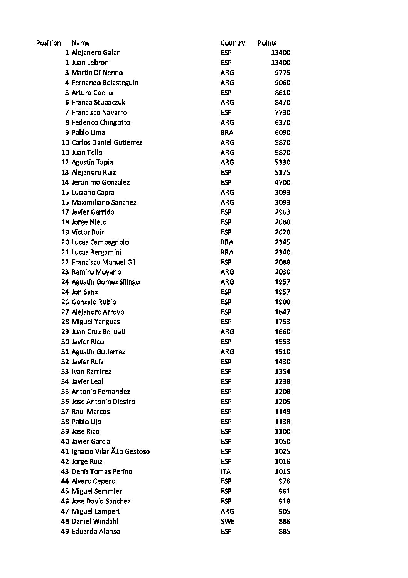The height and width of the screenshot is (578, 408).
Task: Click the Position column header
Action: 48,43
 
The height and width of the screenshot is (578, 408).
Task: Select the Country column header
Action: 233,43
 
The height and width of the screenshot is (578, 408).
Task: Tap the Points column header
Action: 267,43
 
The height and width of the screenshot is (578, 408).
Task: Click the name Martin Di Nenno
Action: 97,73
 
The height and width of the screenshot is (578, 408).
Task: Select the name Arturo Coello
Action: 92,93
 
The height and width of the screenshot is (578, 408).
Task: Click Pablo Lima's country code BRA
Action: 227,132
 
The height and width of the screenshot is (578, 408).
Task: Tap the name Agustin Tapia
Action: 92,162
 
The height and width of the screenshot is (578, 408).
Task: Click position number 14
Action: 65,182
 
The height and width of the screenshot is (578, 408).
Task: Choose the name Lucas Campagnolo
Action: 100,242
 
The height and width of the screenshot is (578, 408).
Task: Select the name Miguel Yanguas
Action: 96,322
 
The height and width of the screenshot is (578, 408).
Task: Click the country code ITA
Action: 226,471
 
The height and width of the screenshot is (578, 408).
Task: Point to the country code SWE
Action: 227,521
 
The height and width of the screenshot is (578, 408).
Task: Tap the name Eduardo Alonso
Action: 96,531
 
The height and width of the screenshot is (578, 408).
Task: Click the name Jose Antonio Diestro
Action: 103,402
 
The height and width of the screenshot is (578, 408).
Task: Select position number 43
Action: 65,471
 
